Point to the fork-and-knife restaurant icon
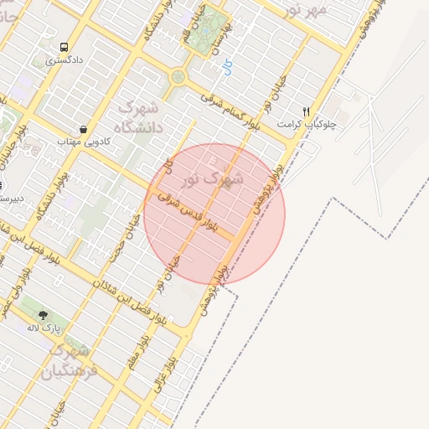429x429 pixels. (307, 111)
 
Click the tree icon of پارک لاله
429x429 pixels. (43, 316)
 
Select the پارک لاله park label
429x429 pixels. (42, 328)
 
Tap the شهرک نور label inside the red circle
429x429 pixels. (225, 178)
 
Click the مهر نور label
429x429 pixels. (307, 11)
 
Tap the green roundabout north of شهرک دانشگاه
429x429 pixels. (178, 78)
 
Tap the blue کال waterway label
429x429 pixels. (229, 66)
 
